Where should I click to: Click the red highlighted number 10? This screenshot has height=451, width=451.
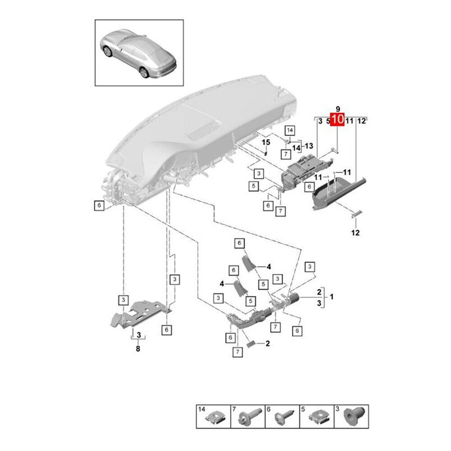point(337,120)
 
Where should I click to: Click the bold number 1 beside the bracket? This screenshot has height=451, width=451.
point(331,296)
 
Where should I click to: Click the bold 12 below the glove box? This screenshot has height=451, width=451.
point(356,232)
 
